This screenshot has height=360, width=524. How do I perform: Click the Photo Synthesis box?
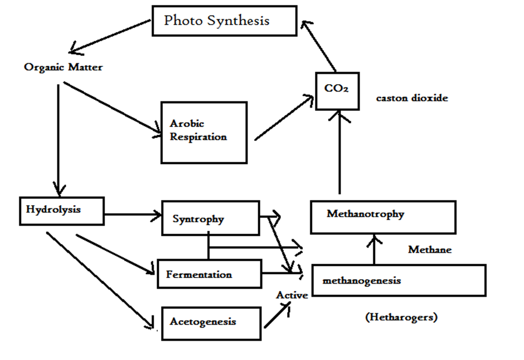coord(224,21)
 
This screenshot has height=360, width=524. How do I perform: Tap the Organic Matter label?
coord(64,67)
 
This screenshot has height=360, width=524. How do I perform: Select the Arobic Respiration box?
coord(203,132)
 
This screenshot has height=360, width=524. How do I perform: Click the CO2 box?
coord(337,91)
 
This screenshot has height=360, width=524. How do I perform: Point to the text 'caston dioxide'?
coord(412,98)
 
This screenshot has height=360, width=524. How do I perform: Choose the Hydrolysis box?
coord(61,210)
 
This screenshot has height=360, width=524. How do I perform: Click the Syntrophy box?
coord(210,218)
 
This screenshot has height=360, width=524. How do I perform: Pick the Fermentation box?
coord(209,274)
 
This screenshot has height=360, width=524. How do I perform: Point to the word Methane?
coord(430,250)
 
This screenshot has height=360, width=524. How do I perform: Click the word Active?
coord(292,295)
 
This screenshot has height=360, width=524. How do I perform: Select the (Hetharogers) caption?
coord(401,318)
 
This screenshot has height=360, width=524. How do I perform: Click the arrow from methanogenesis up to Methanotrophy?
coord(374,249)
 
